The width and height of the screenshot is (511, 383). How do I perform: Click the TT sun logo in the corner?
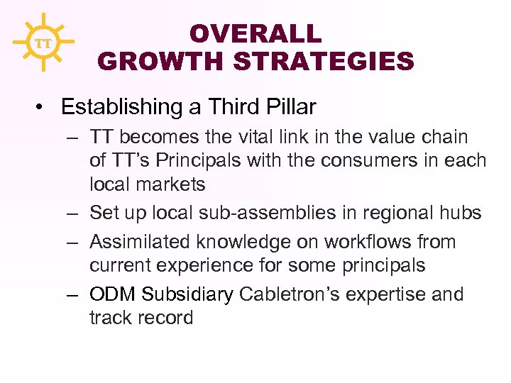(43, 43)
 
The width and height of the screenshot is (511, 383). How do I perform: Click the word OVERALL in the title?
(255, 33)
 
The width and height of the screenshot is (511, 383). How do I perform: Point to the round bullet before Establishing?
(44, 107)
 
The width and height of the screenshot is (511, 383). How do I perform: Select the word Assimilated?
(141, 242)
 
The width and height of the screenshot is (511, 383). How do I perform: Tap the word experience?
(211, 266)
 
